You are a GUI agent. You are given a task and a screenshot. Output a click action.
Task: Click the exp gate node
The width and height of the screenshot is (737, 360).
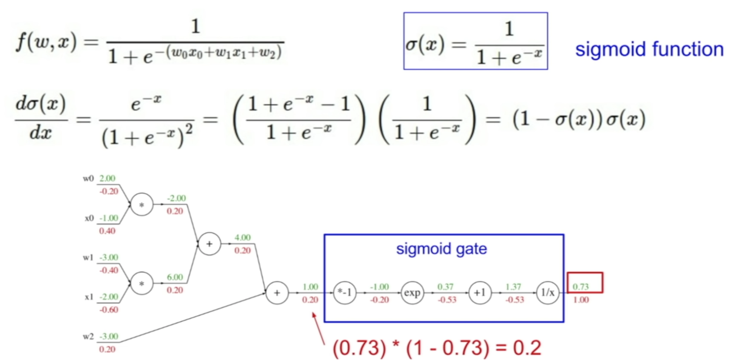click(412, 293)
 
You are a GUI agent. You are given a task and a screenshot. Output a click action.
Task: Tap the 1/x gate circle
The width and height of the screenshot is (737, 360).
click(547, 293)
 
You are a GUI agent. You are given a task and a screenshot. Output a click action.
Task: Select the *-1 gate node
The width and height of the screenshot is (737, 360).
click(345, 293)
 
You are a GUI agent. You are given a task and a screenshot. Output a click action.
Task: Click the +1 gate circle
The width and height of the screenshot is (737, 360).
click(480, 293)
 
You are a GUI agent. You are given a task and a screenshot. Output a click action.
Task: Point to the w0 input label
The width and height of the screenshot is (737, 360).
click(88, 178)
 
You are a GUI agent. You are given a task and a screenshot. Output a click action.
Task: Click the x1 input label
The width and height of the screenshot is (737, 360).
click(89, 297)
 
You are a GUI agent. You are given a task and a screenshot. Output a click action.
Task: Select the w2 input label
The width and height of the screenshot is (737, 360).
click(88, 337)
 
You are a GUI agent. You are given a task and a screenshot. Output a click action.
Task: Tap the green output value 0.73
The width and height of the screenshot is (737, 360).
click(581, 287)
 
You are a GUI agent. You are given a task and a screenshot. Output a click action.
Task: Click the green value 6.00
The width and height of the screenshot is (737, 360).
click(175, 277)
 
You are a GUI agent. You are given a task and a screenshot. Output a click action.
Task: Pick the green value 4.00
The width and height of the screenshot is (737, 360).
click(242, 237)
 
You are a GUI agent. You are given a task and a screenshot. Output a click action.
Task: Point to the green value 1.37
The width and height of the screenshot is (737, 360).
click(513, 287)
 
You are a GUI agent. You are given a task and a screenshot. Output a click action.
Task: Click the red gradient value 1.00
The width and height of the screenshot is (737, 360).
click(581, 300)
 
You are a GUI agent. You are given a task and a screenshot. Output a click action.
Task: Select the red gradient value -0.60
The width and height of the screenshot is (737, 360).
click(109, 310)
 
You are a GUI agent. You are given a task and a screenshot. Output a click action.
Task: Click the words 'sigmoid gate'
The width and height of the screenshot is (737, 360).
click(442, 249)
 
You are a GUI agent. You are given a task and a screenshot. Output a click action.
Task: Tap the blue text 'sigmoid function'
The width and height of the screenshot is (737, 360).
click(649, 49)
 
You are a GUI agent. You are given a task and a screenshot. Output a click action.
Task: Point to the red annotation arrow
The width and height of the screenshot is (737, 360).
click(319, 328)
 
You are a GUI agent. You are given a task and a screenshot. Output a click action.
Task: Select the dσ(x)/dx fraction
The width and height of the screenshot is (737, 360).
click(40, 118)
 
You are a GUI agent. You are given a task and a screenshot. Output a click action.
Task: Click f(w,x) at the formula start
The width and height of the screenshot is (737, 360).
click(46, 42)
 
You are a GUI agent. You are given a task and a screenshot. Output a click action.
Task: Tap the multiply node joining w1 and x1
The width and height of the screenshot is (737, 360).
click(142, 283)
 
